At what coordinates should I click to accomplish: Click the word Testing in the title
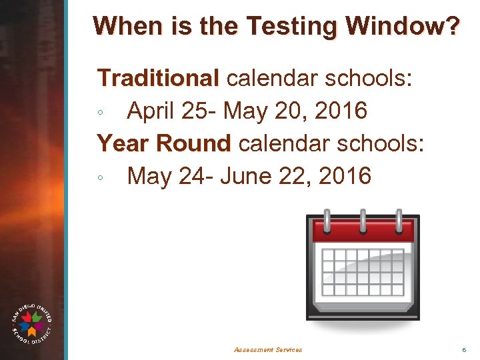292,27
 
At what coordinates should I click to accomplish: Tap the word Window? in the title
403,27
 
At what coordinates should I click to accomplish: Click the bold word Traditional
158,78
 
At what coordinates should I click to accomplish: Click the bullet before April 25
99,113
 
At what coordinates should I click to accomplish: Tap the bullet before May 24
99,178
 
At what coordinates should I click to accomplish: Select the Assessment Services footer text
268,349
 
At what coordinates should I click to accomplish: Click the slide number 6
463,349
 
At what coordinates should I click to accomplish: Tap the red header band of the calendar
363,232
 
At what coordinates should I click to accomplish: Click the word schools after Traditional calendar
368,78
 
